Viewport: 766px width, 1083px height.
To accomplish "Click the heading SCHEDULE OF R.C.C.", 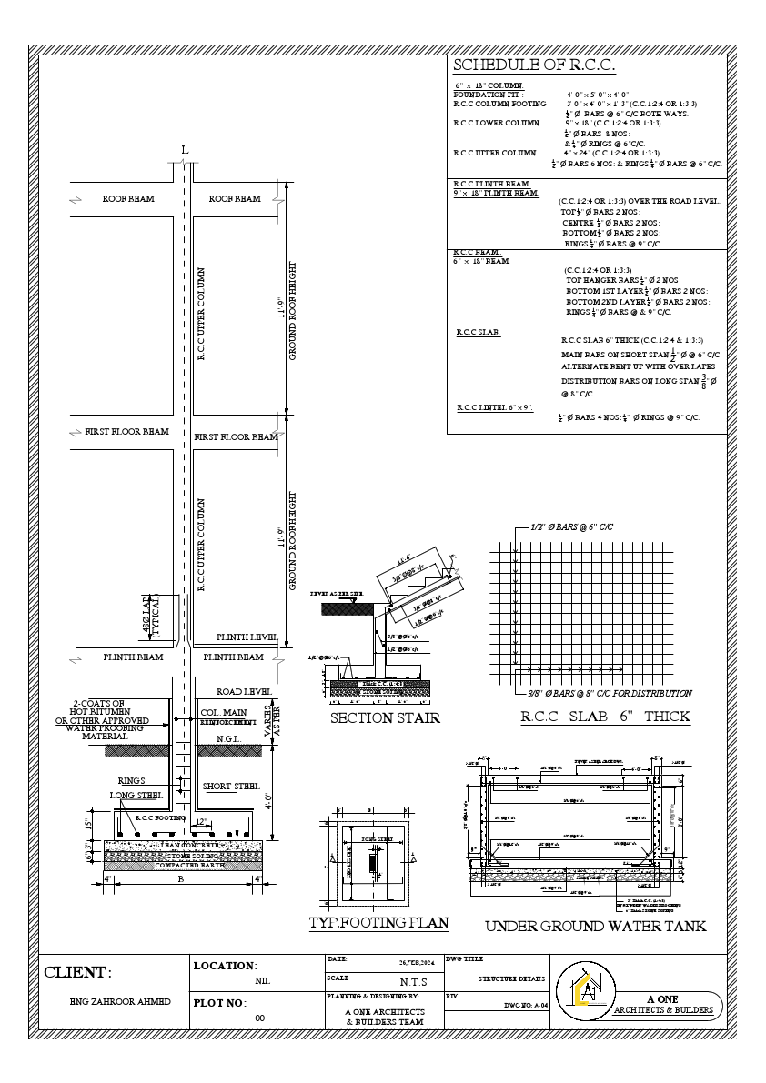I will (x=534, y=65).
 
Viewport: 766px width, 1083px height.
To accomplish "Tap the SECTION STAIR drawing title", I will (x=385, y=719).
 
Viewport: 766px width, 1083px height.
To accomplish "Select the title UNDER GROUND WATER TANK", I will (x=595, y=927).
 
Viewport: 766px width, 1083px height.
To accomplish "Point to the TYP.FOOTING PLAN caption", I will (x=378, y=922).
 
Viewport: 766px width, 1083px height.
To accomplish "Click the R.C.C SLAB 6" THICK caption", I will (x=605, y=717).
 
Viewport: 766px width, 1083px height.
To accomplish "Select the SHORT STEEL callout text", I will (x=232, y=786).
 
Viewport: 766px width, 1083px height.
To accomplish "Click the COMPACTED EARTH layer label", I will (x=185, y=865).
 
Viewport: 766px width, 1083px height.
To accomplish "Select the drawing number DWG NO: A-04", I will (x=525, y=1007).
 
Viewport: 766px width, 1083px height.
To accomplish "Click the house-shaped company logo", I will (x=590, y=989).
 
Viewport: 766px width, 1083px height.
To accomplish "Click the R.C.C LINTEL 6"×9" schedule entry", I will (x=494, y=408).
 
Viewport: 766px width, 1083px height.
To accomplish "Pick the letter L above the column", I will (x=186, y=149).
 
